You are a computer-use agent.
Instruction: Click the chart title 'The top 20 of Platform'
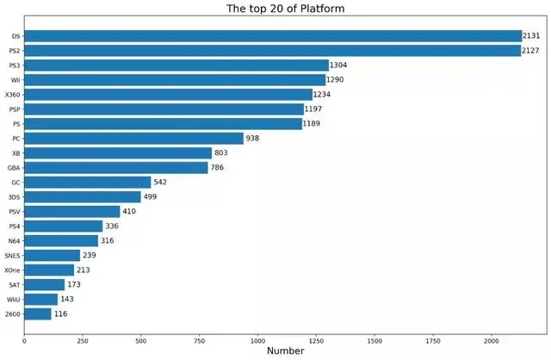tap(286, 9)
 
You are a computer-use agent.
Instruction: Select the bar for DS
tap(273, 36)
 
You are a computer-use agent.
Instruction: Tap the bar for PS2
tap(273, 51)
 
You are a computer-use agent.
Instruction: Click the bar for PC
tap(133, 139)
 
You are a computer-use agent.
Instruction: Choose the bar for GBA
tap(116, 168)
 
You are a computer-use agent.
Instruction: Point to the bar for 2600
tap(38, 314)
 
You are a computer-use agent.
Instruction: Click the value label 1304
tap(342, 65)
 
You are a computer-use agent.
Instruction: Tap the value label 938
tap(255, 139)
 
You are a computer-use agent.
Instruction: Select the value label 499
tap(152, 197)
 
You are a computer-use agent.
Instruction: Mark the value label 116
tap(62, 314)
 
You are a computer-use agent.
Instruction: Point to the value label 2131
tap(535, 36)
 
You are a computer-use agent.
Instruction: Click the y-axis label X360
tap(13, 95)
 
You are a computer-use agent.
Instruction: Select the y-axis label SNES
tap(12, 256)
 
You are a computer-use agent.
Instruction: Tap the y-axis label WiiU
tap(12, 300)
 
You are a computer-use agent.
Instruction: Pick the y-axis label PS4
tap(14, 227)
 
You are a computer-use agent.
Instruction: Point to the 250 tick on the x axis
tap(82, 340)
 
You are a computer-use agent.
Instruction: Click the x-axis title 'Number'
tap(286, 351)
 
